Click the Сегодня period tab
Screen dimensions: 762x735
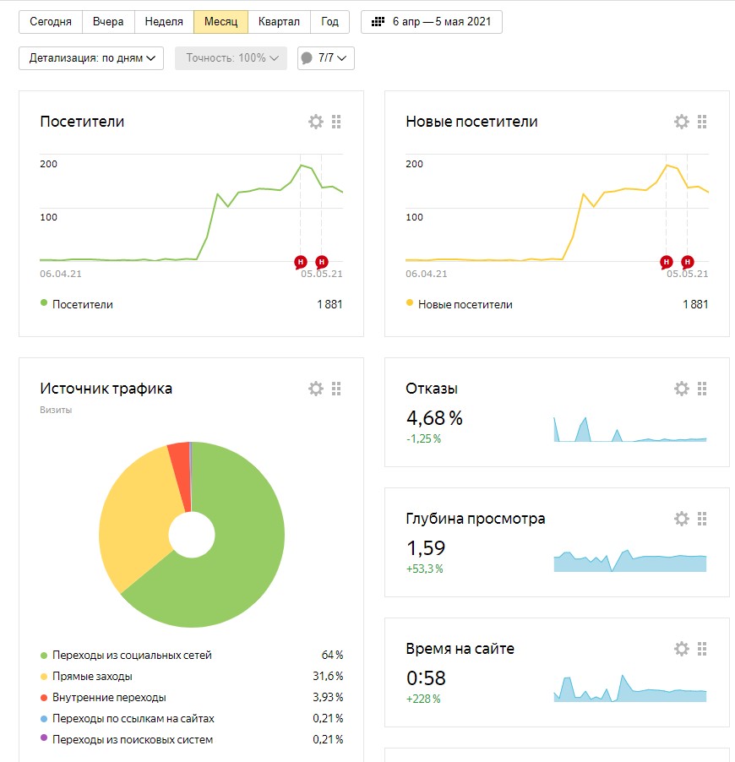tap(51, 22)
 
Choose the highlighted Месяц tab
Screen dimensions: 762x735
tap(220, 22)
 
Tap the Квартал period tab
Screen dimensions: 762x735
tap(279, 22)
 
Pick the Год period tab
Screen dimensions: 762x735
tap(329, 22)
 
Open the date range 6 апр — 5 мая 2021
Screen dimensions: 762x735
tap(432, 22)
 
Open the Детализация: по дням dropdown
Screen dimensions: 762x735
tap(91, 58)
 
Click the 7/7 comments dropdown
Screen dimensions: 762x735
tap(326, 58)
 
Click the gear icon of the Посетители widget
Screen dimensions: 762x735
tap(316, 122)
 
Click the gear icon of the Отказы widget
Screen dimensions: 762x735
tap(682, 389)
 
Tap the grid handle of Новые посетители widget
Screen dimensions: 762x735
tap(702, 122)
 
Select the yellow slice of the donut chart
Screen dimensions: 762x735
tap(135, 515)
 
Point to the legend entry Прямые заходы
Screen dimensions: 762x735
tap(92, 677)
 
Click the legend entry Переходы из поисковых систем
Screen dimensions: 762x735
tap(132, 740)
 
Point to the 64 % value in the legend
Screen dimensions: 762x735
tap(332, 656)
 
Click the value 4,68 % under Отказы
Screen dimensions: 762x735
tap(434, 418)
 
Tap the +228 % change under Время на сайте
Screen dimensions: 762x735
tap(423, 699)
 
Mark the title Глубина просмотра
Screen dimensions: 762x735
tap(475, 519)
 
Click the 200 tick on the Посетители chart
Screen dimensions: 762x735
tap(48, 164)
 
